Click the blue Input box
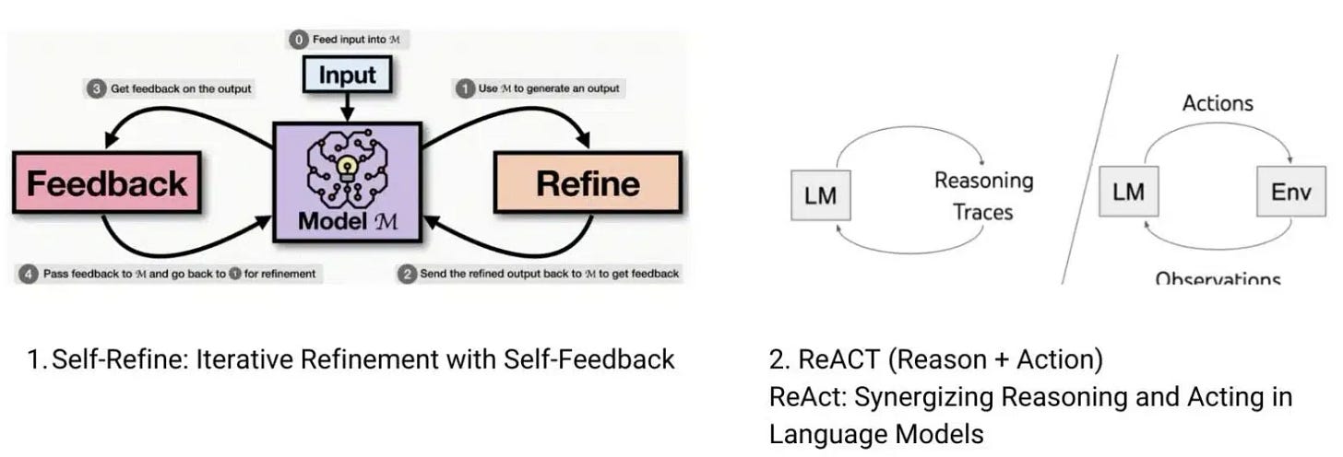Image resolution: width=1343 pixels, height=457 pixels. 348,75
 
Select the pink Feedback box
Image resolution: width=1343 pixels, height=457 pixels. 106,183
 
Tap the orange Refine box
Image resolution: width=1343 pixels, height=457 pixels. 588,183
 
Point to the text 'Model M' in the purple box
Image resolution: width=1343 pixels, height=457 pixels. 347,222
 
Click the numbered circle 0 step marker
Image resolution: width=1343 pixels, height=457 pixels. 299,40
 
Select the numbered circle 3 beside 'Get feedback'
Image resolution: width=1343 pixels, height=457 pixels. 97,88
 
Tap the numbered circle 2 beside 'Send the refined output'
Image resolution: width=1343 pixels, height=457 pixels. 406,274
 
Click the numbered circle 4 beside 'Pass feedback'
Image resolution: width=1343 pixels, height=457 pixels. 29,274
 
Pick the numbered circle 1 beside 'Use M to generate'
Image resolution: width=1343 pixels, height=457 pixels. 466,88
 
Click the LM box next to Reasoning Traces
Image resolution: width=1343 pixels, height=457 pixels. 821,196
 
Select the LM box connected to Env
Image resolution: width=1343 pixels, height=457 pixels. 1128,193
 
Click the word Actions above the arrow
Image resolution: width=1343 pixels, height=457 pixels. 1218,102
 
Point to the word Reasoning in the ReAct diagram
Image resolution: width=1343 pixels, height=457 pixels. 983,180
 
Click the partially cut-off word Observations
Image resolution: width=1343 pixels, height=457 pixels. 1218,277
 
